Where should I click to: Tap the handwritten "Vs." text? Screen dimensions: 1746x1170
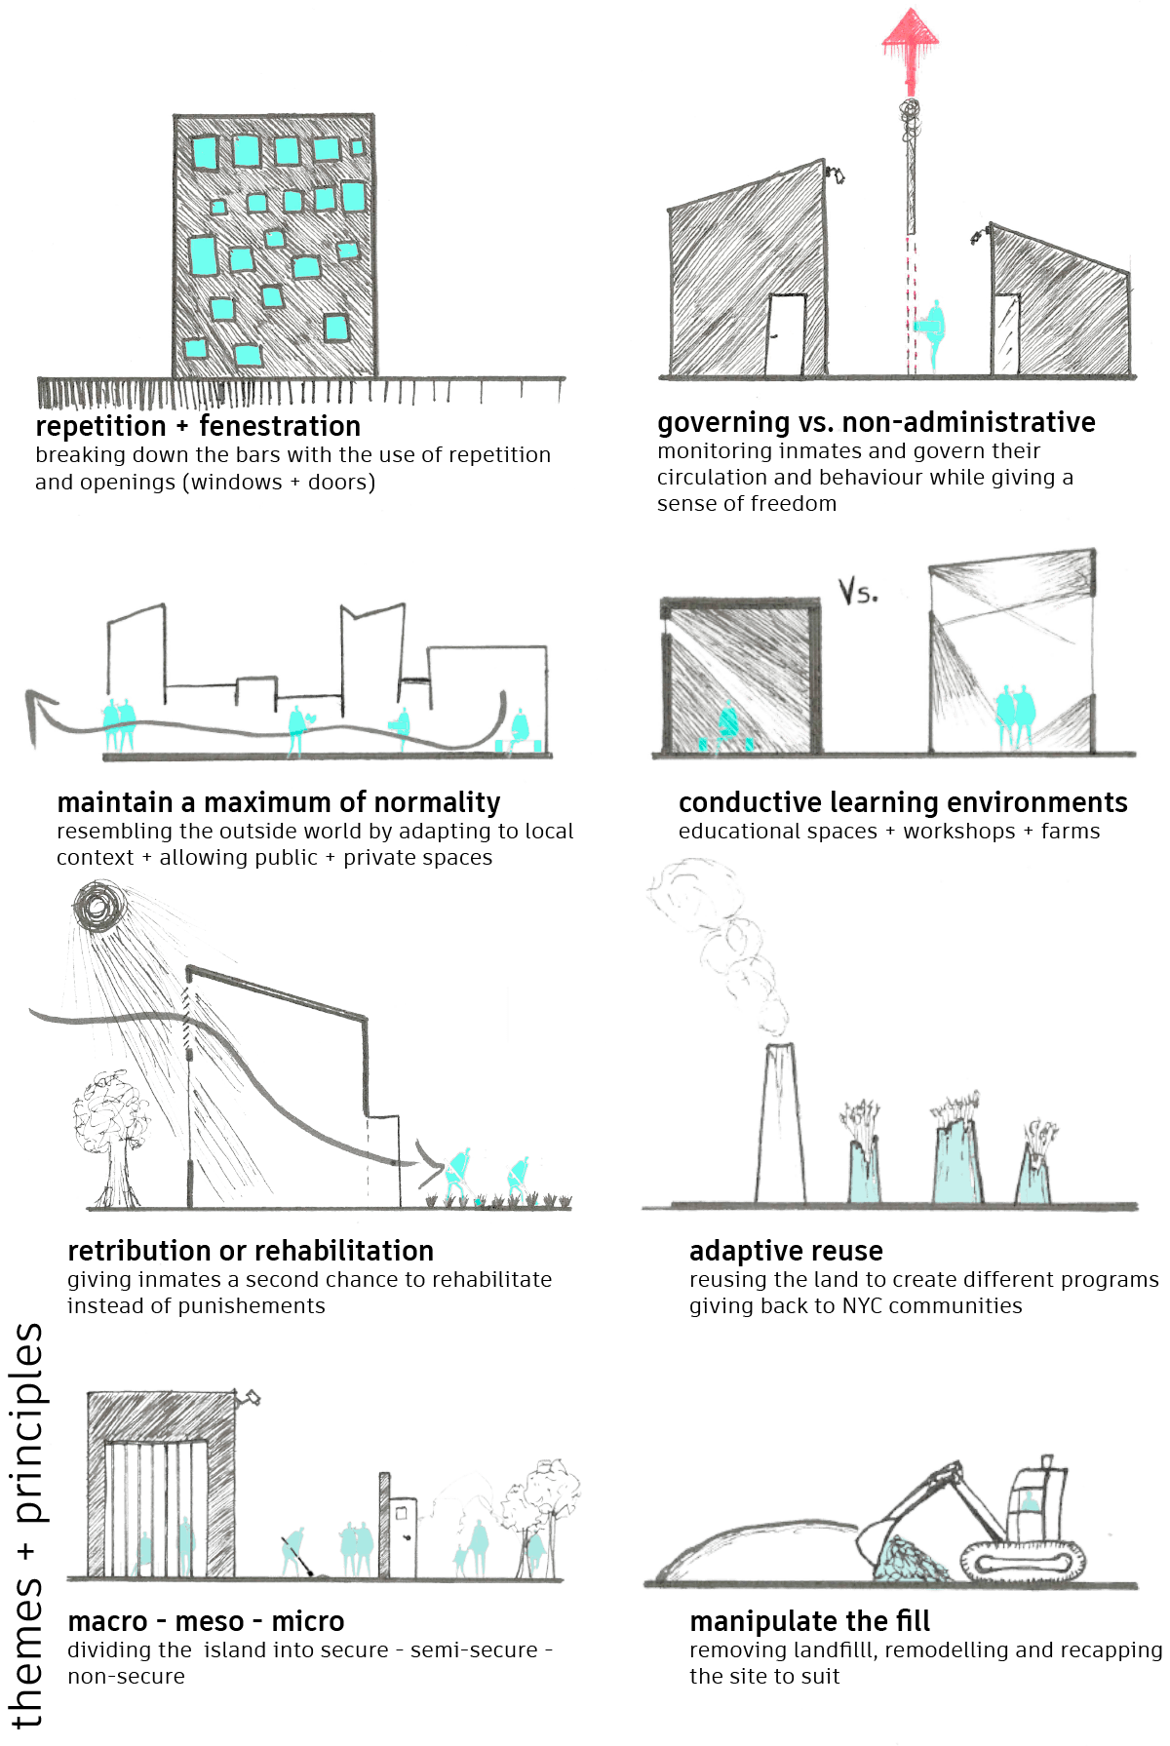coord(857,592)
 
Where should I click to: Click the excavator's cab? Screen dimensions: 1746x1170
coord(1035,1501)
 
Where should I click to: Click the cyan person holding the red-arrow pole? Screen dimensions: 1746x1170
coord(932,332)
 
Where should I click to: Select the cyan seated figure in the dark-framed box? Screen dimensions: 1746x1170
coord(726,725)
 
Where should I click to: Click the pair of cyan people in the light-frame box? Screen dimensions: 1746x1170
coord(1014,714)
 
